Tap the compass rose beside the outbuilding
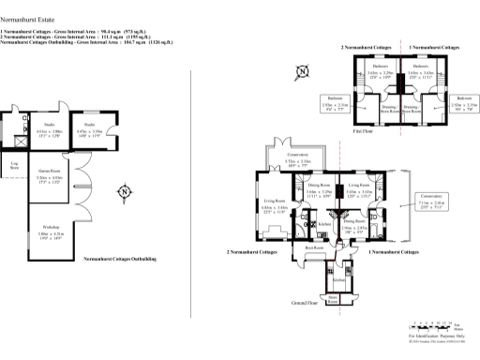tap(124, 193)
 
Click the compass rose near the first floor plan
tap(302, 70)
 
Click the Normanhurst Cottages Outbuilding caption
tap(119, 258)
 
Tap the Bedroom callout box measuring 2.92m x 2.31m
tap(334, 101)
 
